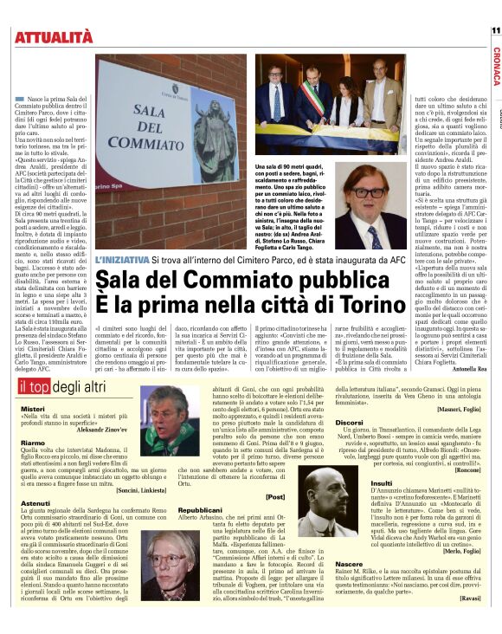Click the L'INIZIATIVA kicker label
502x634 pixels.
pyautogui.click(x=122, y=260)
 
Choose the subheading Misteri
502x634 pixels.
pyautogui.click(x=32, y=407)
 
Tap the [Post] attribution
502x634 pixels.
pyautogui.click(x=275, y=497)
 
